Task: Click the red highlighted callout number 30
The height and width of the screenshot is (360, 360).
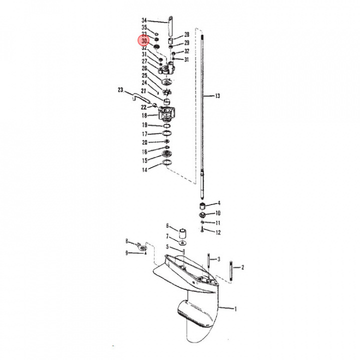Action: pyautogui.click(x=144, y=41)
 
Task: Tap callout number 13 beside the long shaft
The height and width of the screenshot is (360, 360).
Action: pyautogui.click(x=217, y=95)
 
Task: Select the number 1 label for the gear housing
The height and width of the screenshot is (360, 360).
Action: pyautogui.click(x=235, y=309)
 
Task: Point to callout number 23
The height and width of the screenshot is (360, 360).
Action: pyautogui.click(x=120, y=90)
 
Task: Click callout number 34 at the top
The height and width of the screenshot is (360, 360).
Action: pyautogui.click(x=144, y=20)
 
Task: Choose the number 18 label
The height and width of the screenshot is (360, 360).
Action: pyautogui.click(x=144, y=115)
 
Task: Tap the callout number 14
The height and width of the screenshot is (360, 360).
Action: pyautogui.click(x=144, y=170)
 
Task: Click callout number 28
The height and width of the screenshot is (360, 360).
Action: pyautogui.click(x=186, y=34)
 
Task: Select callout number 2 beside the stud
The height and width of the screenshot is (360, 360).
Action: pyautogui.click(x=242, y=267)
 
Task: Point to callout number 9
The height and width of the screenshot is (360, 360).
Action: pyautogui.click(x=126, y=253)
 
